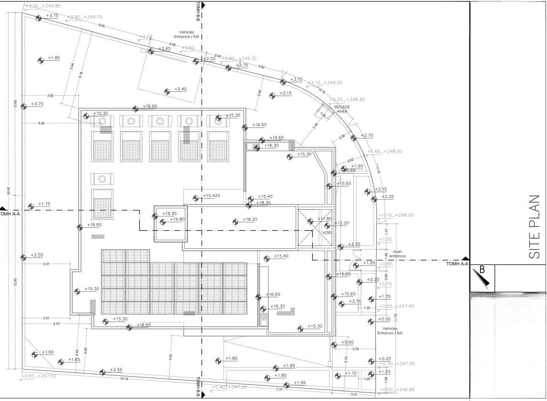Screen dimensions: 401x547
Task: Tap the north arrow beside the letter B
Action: (481, 278)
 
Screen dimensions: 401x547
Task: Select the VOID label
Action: (327, 233)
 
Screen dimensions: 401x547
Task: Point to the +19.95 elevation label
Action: (169, 214)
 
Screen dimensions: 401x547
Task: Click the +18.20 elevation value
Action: (250, 219)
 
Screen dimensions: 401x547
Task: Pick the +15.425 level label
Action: (211, 196)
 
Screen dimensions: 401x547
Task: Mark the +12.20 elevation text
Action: (342, 223)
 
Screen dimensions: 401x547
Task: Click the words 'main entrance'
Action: (397, 254)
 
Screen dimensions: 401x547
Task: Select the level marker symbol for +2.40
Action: (167, 91)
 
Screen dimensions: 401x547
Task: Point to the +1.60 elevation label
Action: (48, 352)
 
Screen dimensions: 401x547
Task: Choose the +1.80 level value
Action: (231, 358)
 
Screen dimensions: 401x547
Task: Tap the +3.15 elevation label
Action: (296, 79)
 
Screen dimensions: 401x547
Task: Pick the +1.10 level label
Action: (351, 373)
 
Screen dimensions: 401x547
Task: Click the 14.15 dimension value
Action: (124, 379)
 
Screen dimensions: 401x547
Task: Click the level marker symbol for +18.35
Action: (250, 205)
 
